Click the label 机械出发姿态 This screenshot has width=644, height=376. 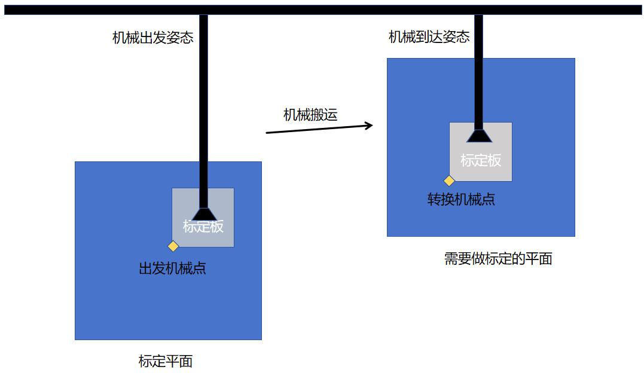pos(153,38)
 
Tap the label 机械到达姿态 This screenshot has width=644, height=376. pos(429,37)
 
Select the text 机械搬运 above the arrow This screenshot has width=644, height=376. pos(310,115)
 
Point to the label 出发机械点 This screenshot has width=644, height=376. pos(172,268)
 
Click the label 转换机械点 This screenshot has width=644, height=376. pos(461,200)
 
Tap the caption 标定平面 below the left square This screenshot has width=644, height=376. pos(166,361)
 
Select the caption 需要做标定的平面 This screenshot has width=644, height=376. pos(498,259)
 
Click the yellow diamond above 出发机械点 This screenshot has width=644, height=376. pos(173,246)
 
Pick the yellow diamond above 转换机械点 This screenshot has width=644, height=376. pos(449,181)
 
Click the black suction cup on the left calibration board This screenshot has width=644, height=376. pos(204,214)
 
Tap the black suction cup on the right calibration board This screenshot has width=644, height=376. pos(479,136)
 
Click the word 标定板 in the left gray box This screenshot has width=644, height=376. pos(203,227)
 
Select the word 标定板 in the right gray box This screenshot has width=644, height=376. pos(481,160)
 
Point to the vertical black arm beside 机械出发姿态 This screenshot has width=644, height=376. pos(203,111)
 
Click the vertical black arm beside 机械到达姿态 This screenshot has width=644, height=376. pos(478,72)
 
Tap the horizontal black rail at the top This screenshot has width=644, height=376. pos(323,10)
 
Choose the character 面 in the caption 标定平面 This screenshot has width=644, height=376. pos(186,361)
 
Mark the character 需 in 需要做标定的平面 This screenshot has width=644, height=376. pos(450,259)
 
